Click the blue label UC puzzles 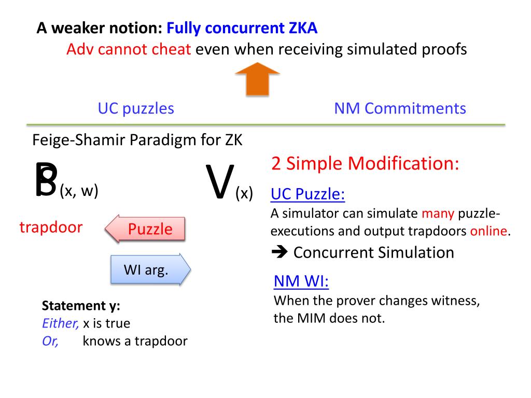pos(136,109)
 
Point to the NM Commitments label pos(400,109)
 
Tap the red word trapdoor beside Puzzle pos(51,227)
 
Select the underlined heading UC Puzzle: pos(308,194)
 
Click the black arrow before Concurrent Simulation pos(280,252)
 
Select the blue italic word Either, pos(60,323)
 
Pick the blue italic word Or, pos(50,342)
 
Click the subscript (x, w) pos(79,191)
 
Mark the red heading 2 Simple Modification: pos(365,164)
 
